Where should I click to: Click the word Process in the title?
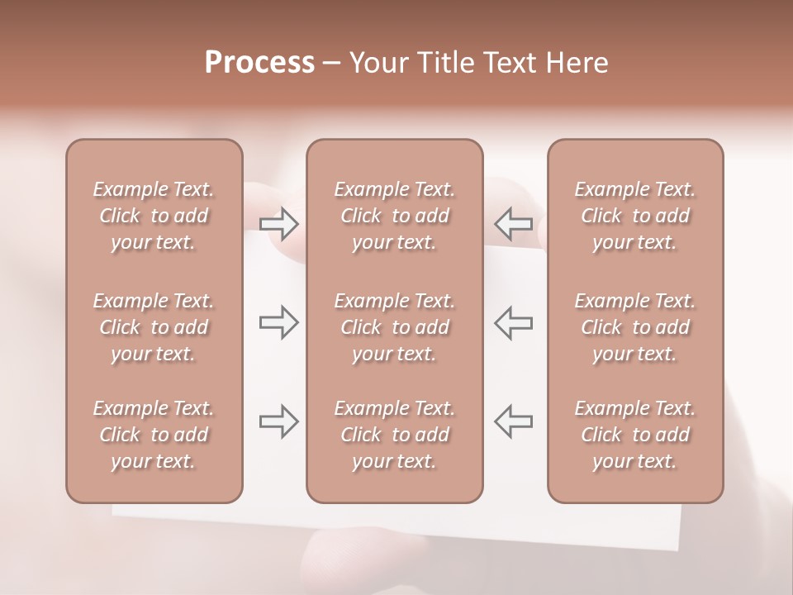pyautogui.click(x=259, y=63)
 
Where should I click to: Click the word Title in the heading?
pyautogui.click(x=449, y=63)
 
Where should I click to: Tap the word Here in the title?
pyautogui.click(x=578, y=63)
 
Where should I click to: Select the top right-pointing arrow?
pyautogui.click(x=278, y=223)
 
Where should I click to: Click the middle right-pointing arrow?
pyautogui.click(x=278, y=322)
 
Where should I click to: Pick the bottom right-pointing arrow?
pyautogui.click(x=278, y=421)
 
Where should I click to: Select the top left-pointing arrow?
pyautogui.click(x=513, y=223)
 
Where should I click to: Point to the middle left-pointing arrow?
pyautogui.click(x=513, y=322)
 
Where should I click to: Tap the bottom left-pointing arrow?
pyautogui.click(x=513, y=421)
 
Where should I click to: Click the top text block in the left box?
pyautogui.click(x=154, y=216)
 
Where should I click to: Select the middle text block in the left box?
pyautogui.click(x=154, y=327)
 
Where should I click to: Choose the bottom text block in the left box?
pyautogui.click(x=154, y=435)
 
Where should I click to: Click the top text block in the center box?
pyautogui.click(x=394, y=216)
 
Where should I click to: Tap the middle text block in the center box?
pyautogui.click(x=394, y=327)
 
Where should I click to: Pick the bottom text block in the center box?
pyautogui.click(x=394, y=435)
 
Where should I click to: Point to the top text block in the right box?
pyautogui.click(x=634, y=216)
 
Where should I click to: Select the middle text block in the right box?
pyautogui.click(x=634, y=327)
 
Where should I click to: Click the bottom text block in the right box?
pyautogui.click(x=634, y=435)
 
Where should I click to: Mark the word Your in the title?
pyautogui.click(x=380, y=63)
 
